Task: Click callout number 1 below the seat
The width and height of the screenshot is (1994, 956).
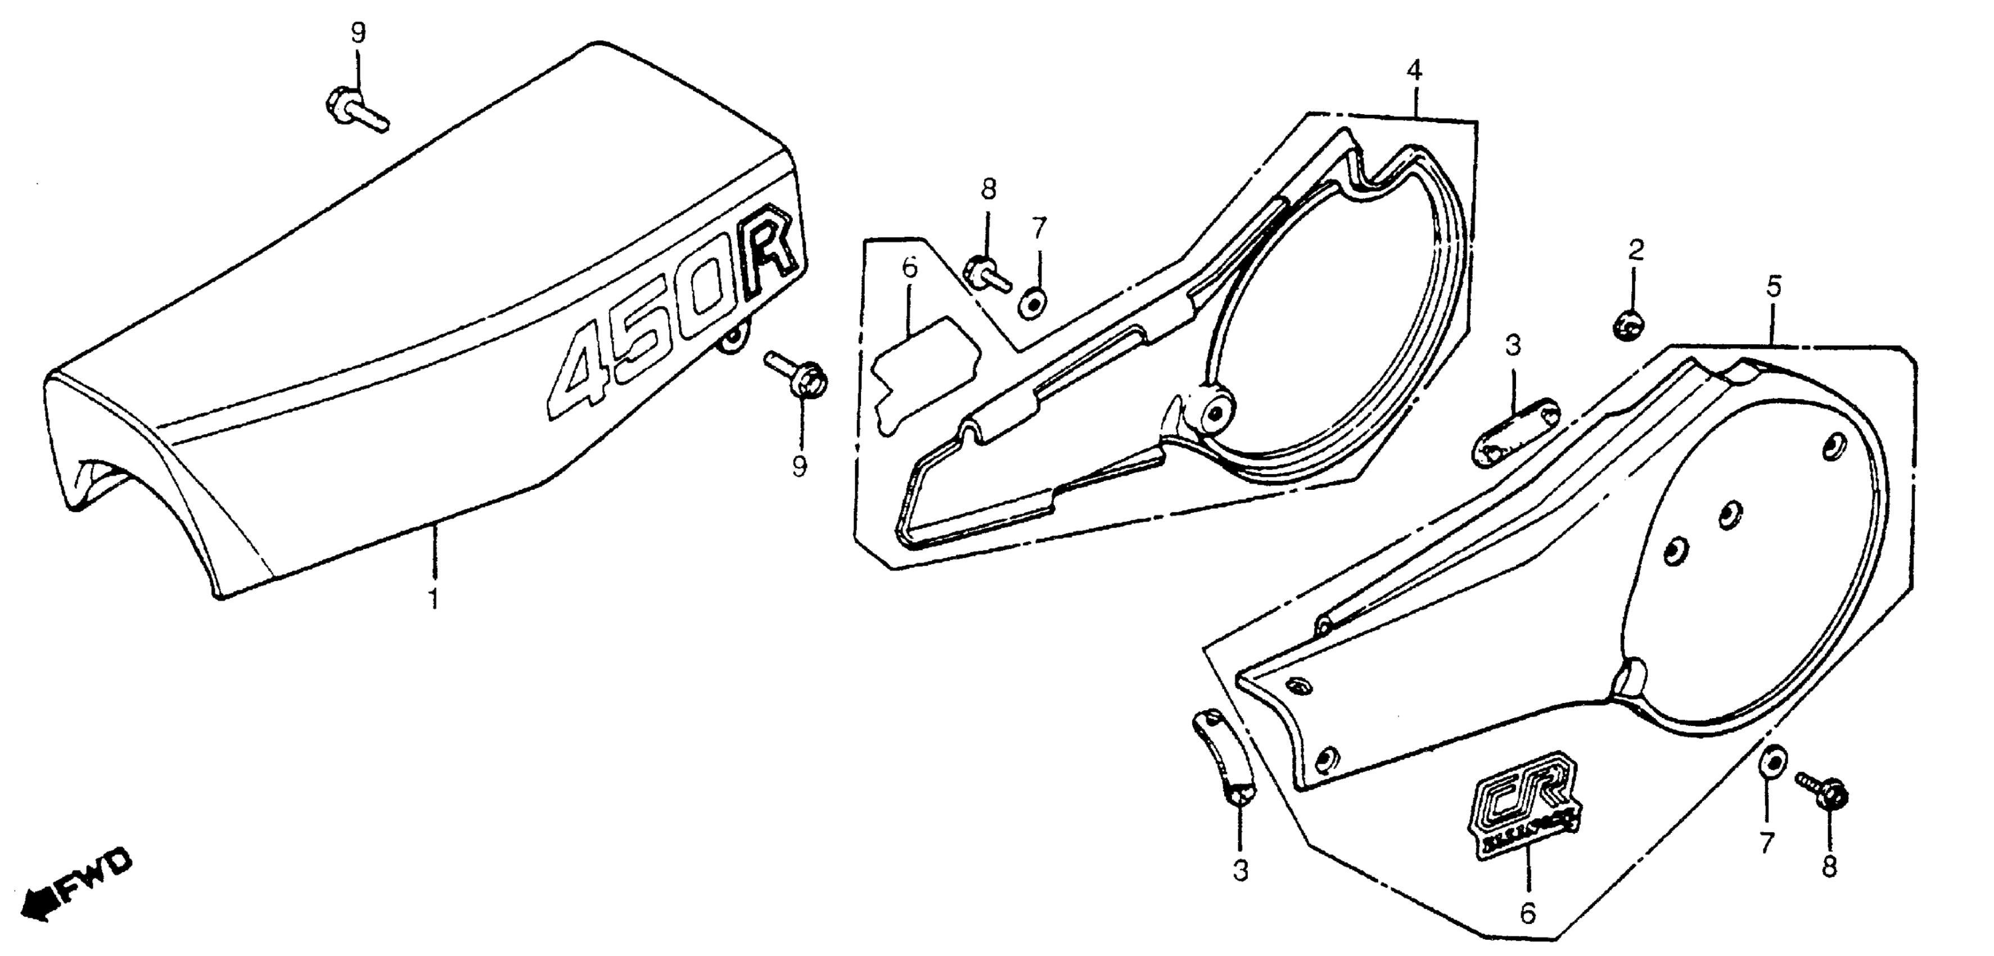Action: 434,598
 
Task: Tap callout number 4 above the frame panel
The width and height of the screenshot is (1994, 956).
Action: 1414,71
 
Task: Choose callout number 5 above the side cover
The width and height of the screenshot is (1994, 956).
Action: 1774,287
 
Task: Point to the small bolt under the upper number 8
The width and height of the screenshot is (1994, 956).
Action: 985,276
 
